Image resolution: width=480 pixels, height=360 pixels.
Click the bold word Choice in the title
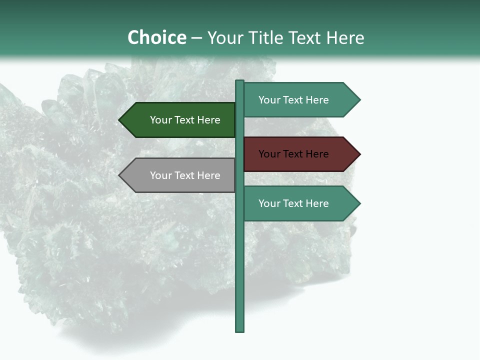tap(156, 38)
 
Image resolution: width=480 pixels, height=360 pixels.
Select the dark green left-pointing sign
tap(180, 120)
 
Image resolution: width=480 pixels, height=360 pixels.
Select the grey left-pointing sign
tap(180, 175)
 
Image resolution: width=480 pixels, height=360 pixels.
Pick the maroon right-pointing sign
tap(297, 154)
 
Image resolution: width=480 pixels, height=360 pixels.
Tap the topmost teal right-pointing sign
tap(297, 100)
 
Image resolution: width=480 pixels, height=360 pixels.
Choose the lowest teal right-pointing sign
tap(297, 203)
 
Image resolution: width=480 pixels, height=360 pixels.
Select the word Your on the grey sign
tap(160, 175)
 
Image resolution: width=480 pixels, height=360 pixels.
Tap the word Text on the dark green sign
tap(184, 120)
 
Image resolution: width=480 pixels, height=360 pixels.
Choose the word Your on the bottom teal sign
tap(269, 203)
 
